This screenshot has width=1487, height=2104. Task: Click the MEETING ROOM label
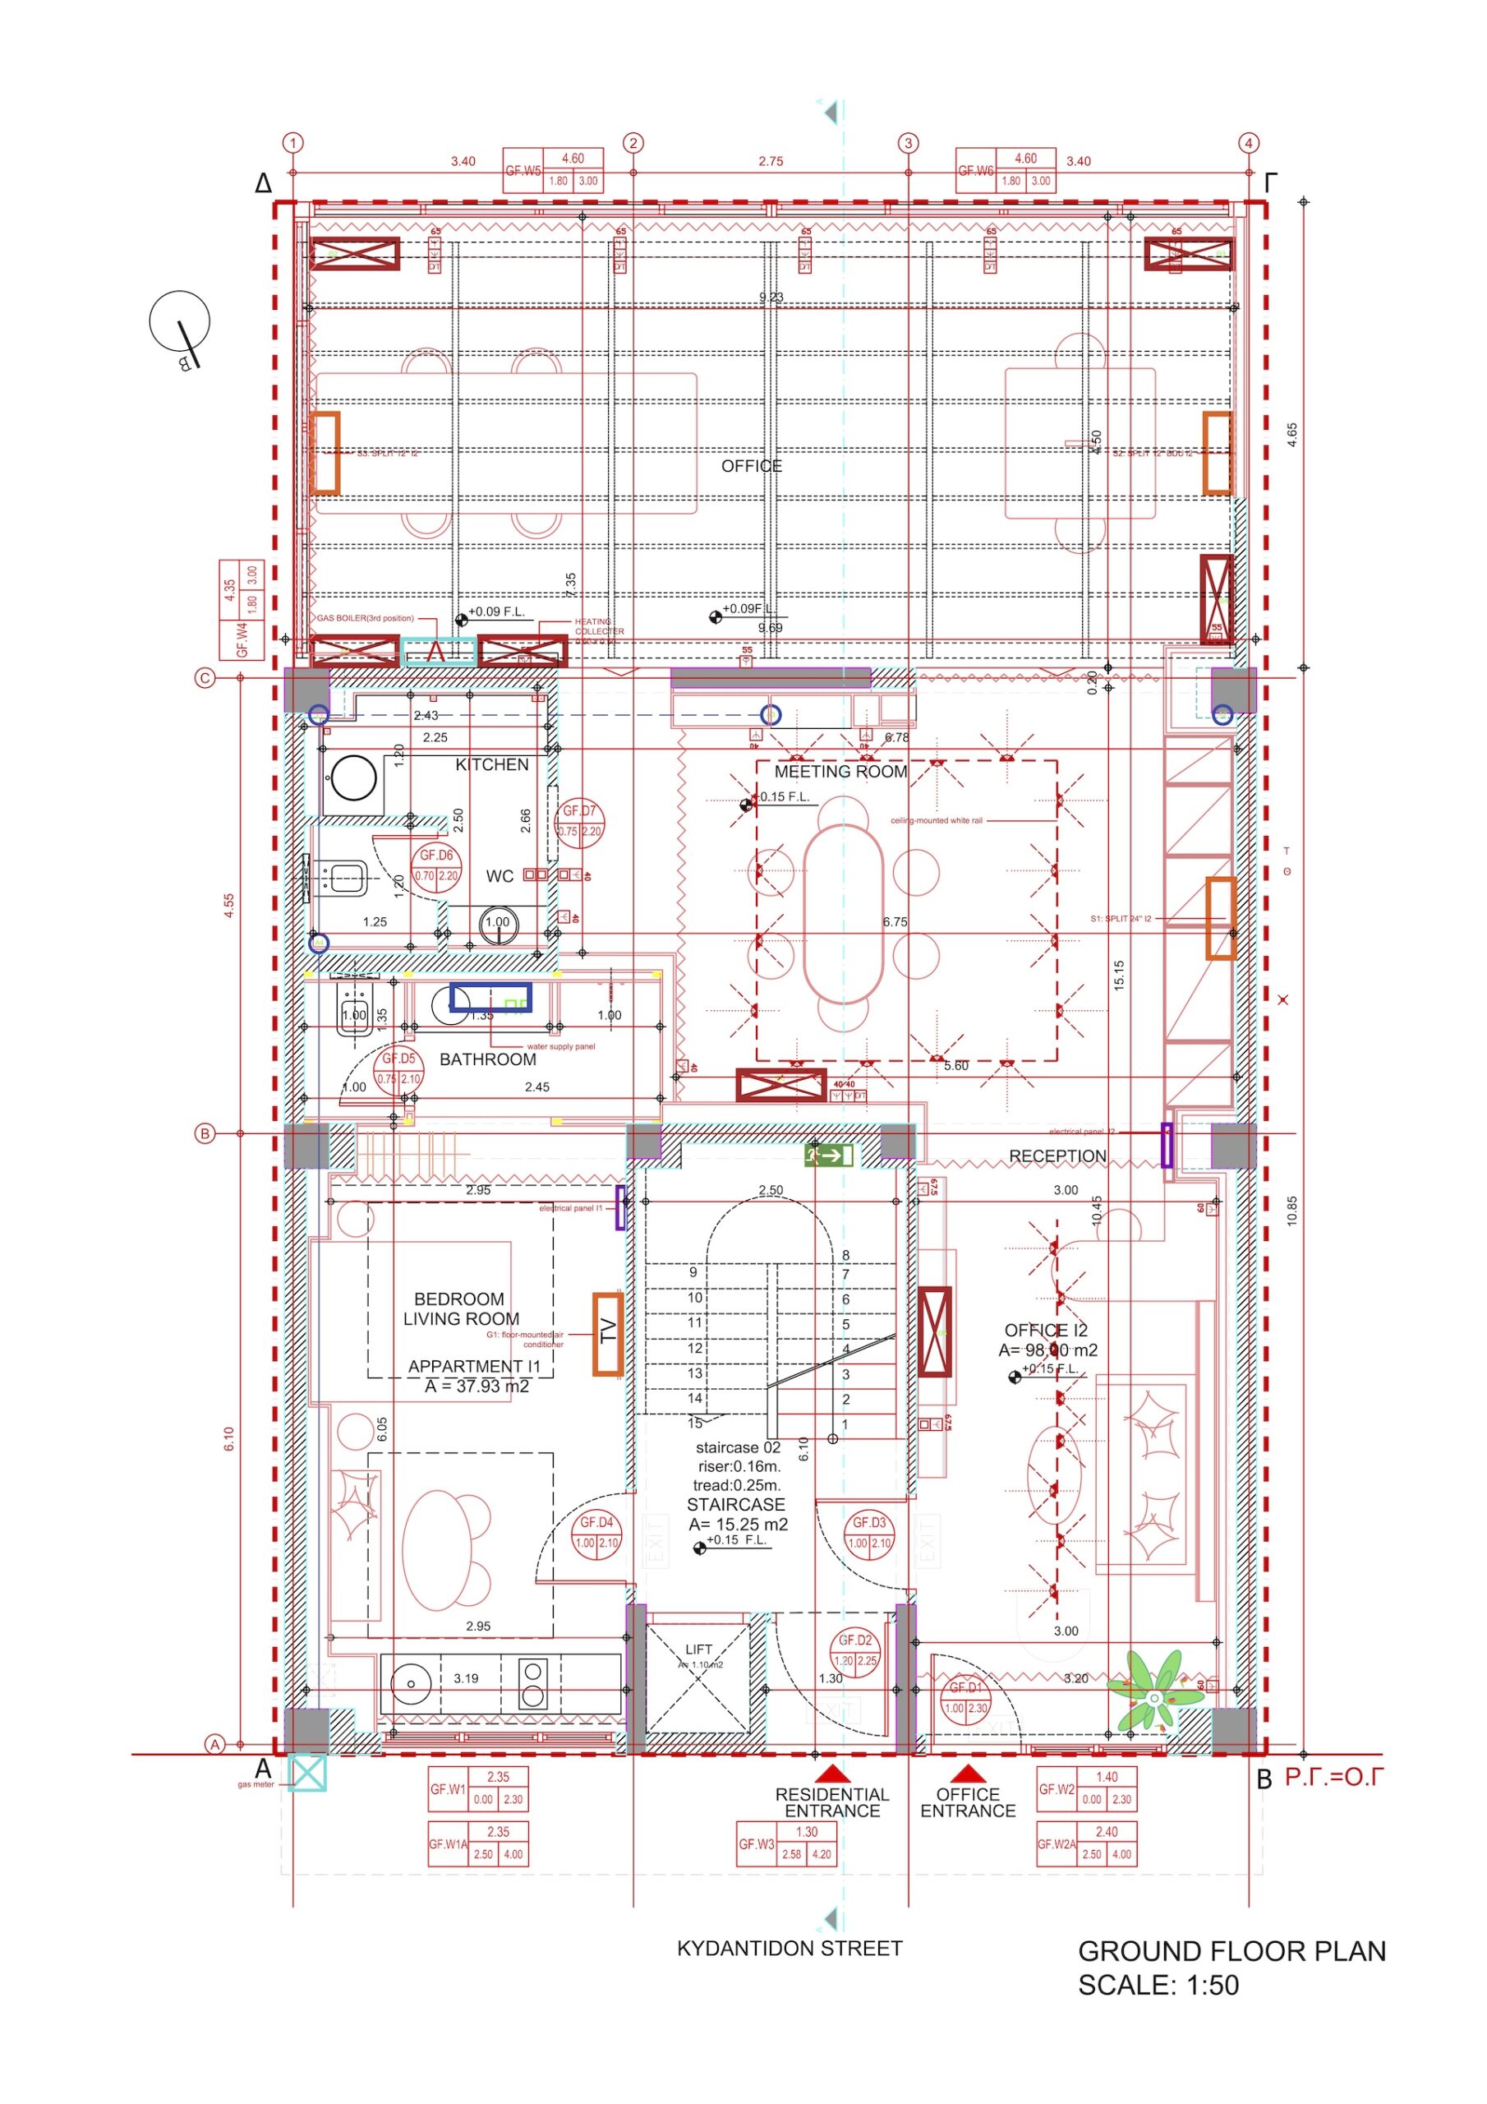[840, 772]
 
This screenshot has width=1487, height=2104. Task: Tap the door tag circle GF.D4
[596, 1532]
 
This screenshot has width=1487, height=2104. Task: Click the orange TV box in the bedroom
[607, 1333]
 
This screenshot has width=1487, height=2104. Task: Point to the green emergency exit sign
[829, 1156]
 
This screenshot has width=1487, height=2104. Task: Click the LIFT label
[698, 1650]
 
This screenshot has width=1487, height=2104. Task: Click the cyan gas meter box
[307, 1773]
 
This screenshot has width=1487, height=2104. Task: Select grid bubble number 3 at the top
[908, 143]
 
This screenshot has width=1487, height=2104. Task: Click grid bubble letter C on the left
[205, 678]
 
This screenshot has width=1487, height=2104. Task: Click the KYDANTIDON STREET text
[789, 1948]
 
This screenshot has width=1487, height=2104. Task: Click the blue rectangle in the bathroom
[490, 997]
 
